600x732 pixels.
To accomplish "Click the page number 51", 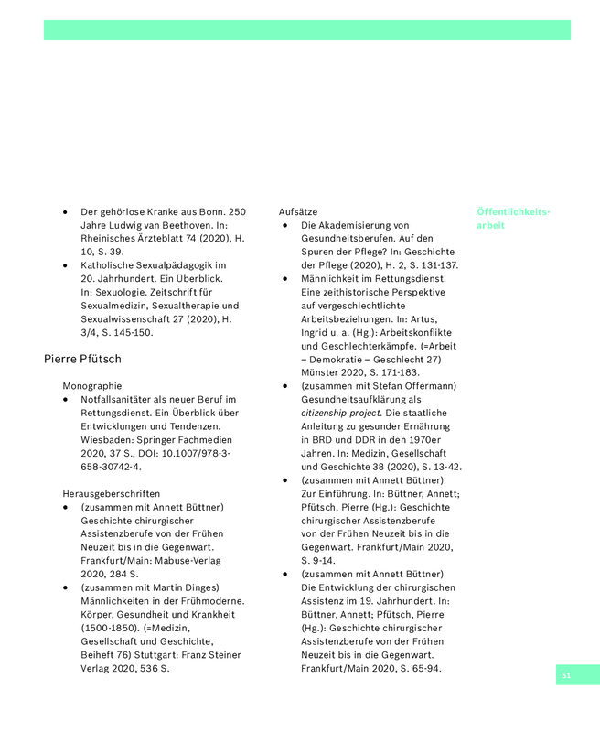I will click(x=566, y=675).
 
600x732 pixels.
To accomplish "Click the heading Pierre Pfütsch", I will click(x=82, y=359).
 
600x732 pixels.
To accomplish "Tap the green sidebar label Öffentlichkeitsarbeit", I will click(x=512, y=218).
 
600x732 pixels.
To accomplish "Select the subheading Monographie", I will click(x=91, y=386).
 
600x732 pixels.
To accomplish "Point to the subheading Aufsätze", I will click(x=298, y=211).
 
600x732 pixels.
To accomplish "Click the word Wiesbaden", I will click(x=108, y=439).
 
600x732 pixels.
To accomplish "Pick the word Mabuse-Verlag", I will click(x=187, y=560).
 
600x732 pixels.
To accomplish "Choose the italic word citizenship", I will click(x=330, y=413).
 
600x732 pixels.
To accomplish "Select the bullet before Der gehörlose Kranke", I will click(x=66, y=211).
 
